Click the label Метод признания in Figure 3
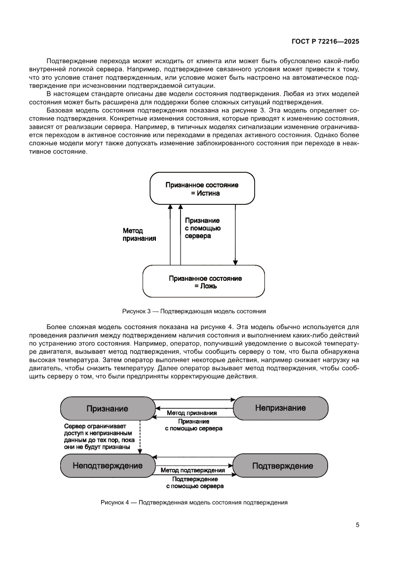[140, 234]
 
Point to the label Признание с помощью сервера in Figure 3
[202, 229]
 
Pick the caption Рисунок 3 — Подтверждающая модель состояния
[194, 311]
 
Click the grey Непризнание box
[280, 408]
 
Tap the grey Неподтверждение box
[107, 465]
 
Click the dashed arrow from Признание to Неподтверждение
[140, 436]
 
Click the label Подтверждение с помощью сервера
[194, 482]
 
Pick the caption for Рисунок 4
[194, 502]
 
